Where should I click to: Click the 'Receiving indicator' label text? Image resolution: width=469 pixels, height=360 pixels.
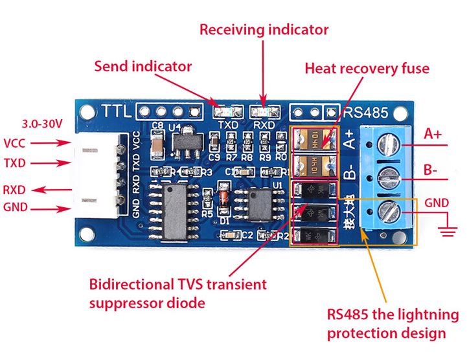tap(264, 30)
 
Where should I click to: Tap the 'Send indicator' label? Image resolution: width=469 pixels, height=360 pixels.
tap(143, 66)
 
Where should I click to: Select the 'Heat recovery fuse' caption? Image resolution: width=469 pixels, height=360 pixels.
tap(367, 68)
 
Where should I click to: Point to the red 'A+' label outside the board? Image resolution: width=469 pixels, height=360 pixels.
tap(433, 135)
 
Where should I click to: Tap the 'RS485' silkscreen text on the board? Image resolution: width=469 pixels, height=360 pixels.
tap(367, 112)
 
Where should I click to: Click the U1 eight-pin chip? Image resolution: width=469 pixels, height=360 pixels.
tap(257, 207)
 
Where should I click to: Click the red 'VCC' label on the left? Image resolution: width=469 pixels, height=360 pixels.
tap(15, 143)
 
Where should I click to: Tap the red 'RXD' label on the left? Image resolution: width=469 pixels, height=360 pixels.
tap(15, 190)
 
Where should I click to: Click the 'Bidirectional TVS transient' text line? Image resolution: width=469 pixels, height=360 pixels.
tap(178, 284)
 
